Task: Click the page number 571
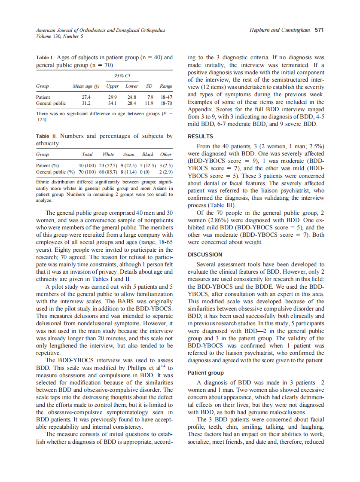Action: click(319, 30)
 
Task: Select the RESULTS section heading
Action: click(200, 137)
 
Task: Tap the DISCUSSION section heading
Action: click(205, 254)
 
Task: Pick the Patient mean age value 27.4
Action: click(86, 97)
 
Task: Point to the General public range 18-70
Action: click(166, 103)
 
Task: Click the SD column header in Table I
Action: click(150, 86)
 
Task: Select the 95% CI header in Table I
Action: click(122, 75)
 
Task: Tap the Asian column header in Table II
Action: click(128, 154)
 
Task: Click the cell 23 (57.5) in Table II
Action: click(105, 165)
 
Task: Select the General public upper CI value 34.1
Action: click(112, 103)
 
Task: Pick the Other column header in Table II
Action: click(166, 154)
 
